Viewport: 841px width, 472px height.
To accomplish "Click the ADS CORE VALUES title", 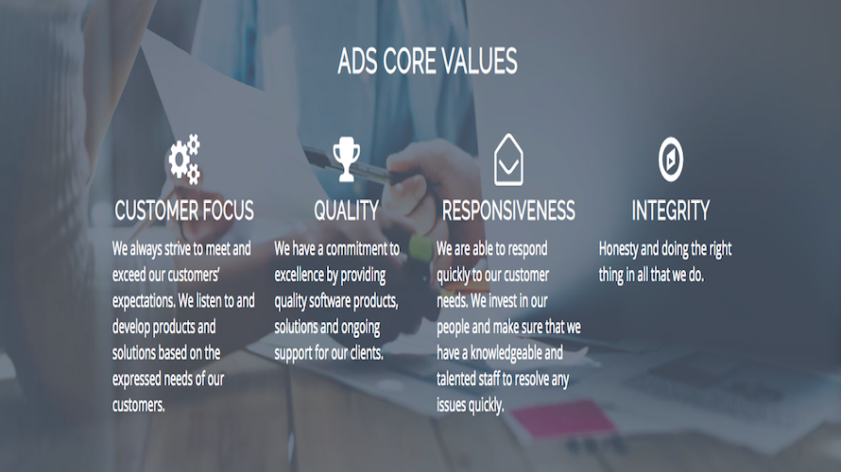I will click(x=427, y=62).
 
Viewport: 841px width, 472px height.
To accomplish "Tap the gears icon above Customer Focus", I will click(x=184, y=159).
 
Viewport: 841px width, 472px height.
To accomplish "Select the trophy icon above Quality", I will click(x=346, y=159).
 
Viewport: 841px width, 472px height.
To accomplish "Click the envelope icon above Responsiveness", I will click(x=508, y=160).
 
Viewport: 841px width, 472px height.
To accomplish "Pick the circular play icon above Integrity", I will click(x=671, y=159).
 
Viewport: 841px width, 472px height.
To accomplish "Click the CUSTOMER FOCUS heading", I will click(x=184, y=211).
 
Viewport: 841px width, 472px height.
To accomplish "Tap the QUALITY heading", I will click(x=346, y=211).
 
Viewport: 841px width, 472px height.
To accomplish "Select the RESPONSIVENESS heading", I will click(x=508, y=211).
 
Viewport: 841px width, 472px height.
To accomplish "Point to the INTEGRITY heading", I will click(x=671, y=211).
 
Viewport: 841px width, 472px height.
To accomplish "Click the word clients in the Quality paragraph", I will click(x=363, y=353).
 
